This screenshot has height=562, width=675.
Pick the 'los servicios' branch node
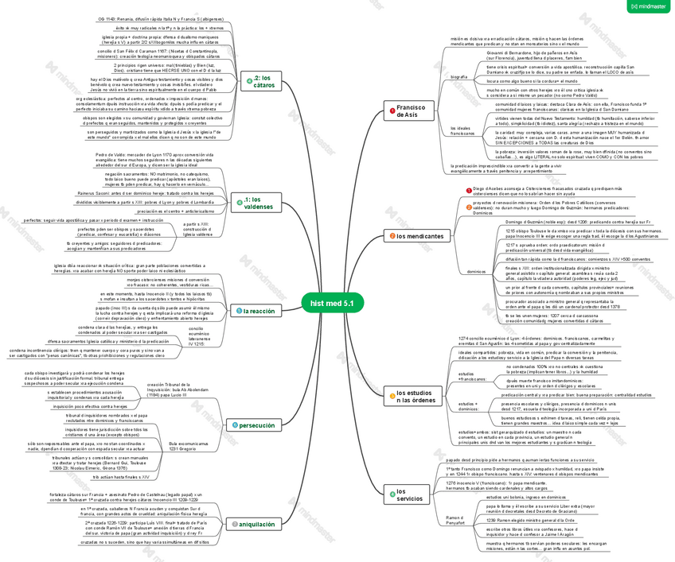coord(408,495)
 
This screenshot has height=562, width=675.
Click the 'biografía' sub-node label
coord(458,76)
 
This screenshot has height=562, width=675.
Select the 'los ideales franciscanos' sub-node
coord(463,130)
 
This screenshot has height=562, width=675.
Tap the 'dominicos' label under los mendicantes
coord(476,271)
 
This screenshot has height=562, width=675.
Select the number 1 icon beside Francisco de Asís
coord(392,110)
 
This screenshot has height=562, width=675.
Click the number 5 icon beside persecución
coord(235,426)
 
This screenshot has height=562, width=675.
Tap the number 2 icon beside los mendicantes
coord(391,236)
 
